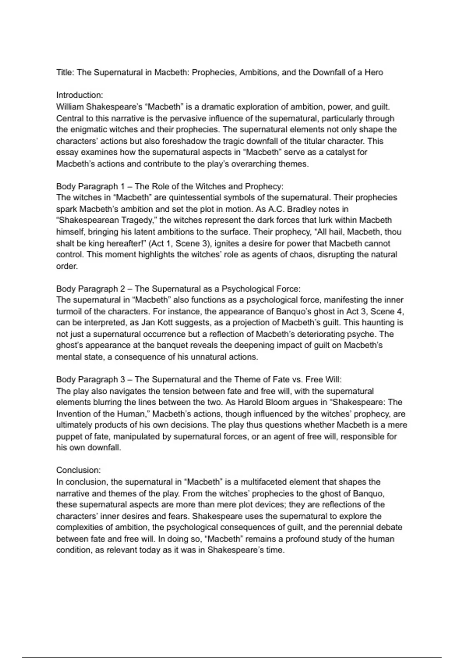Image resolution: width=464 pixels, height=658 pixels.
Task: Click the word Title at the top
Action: pyautogui.click(x=65, y=72)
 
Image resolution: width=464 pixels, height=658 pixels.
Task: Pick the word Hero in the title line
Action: pyautogui.click(x=374, y=72)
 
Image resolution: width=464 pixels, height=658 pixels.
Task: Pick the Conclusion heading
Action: pyautogui.click(x=78, y=470)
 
